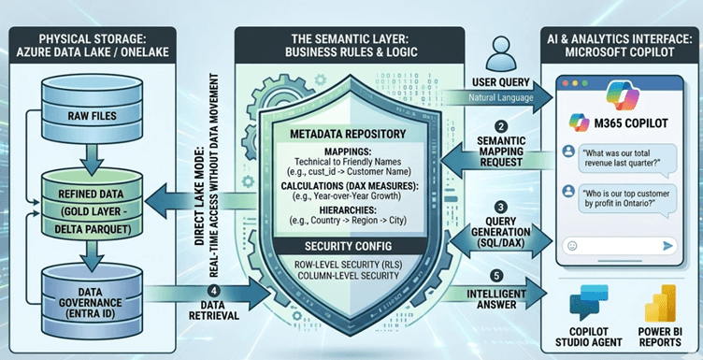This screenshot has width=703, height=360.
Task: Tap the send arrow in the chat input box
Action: (x=667, y=244)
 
